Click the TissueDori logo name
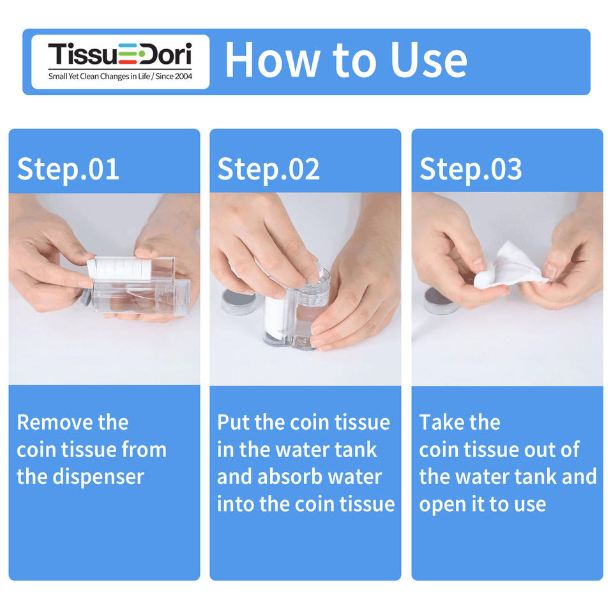(119, 54)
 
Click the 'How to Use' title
(346, 60)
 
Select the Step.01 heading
(68, 170)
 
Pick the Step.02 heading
(268, 170)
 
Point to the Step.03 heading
(471, 170)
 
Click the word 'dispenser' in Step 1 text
(98, 478)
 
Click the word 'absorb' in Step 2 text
(289, 477)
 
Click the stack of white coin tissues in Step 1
(119, 269)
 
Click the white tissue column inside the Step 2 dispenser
(275, 317)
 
